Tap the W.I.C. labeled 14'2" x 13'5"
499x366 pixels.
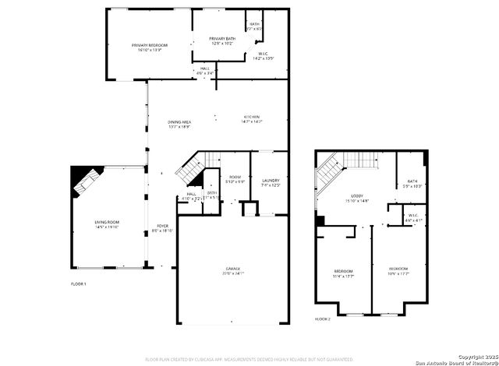[264, 55]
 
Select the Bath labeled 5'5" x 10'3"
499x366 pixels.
[412, 184]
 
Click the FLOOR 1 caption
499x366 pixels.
[79, 283]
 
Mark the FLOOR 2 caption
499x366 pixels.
[323, 319]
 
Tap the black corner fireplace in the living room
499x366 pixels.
[81, 181]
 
